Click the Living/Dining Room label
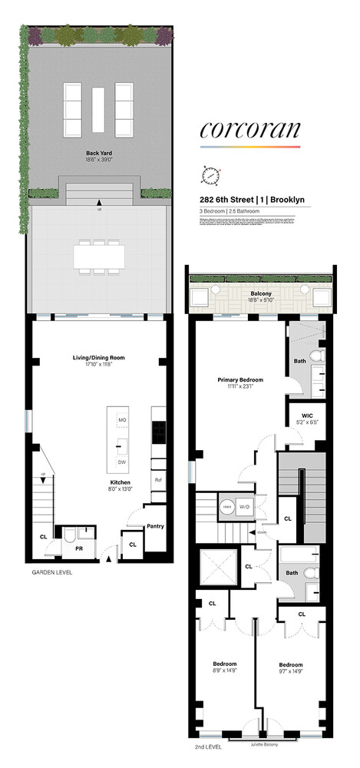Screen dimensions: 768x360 (97, 357)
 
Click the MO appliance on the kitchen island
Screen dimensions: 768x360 (122, 420)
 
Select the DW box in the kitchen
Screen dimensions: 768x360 (122, 461)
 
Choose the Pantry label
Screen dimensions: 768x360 (157, 527)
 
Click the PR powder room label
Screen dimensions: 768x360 (78, 549)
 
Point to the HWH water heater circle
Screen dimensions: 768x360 (228, 506)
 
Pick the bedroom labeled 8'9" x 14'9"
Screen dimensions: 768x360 (224, 667)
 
